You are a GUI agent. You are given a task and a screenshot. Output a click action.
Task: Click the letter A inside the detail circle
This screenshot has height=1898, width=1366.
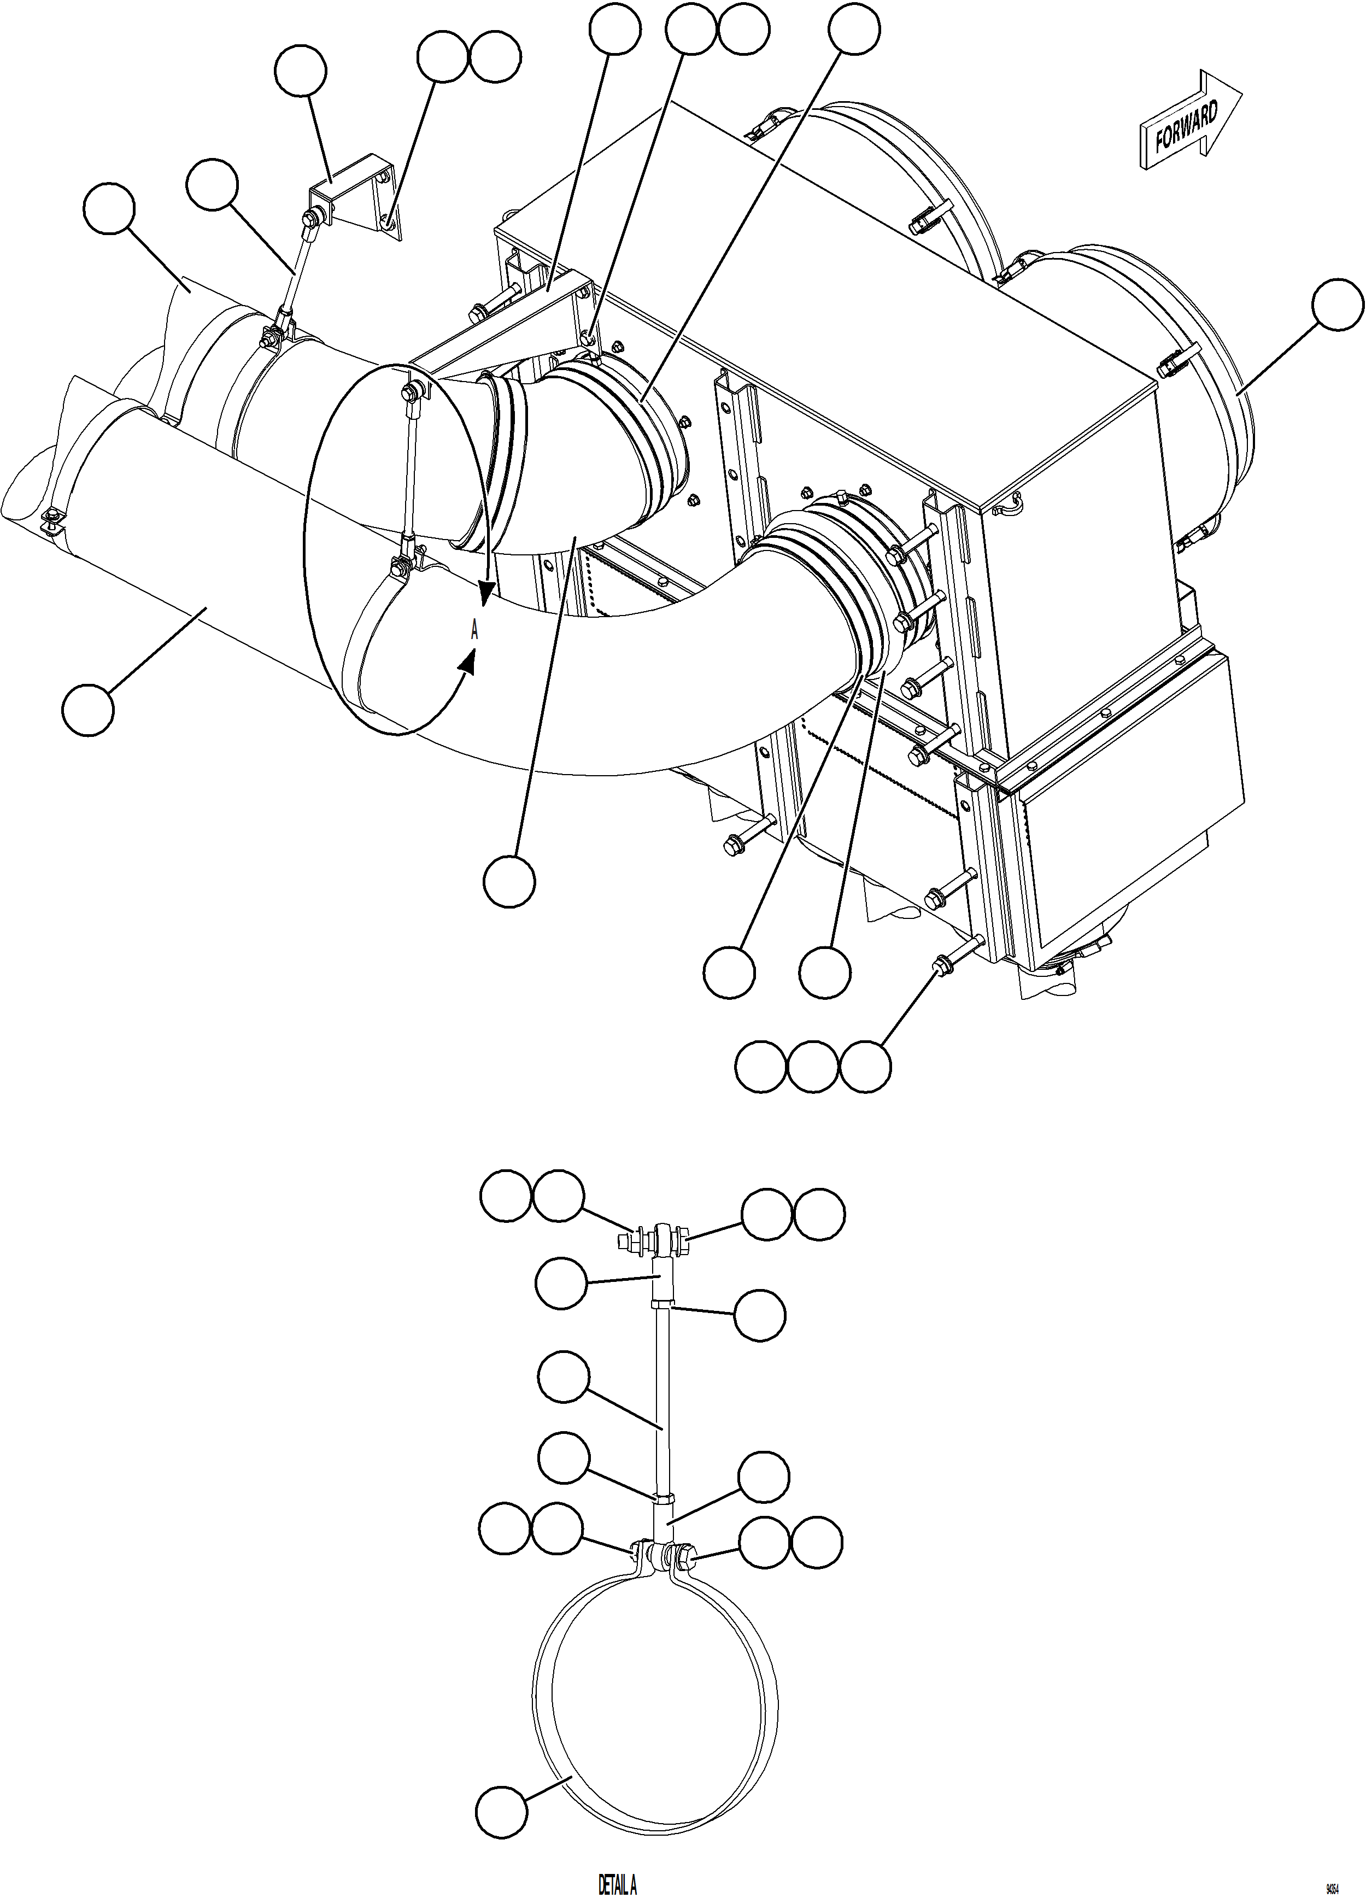[474, 631]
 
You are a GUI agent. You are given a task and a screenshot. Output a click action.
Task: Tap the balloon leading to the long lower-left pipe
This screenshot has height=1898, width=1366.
[87, 711]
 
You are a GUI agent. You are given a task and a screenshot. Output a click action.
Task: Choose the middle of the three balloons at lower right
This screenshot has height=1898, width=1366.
[812, 1066]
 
